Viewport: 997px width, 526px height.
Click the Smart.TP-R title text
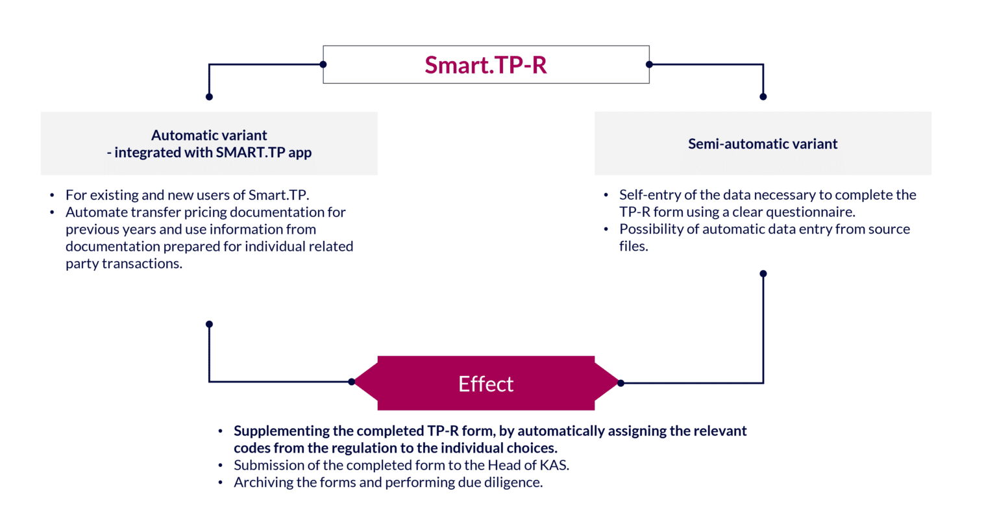pyautogui.click(x=486, y=65)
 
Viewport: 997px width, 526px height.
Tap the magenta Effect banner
pyautogui.click(x=486, y=383)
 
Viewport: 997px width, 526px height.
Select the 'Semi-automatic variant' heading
pyautogui.click(x=763, y=144)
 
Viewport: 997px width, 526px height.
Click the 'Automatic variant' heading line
pyautogui.click(x=209, y=135)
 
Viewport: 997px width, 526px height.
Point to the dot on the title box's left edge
pyautogui.click(x=323, y=64)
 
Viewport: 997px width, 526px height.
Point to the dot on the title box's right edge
pyautogui.click(x=649, y=64)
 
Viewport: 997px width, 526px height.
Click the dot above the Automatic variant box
pyautogui.click(x=209, y=97)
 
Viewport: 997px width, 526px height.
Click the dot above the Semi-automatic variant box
pyautogui.click(x=763, y=97)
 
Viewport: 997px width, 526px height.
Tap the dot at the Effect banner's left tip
pyautogui.click(x=351, y=382)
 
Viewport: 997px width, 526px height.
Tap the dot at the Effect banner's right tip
pyautogui.click(x=621, y=383)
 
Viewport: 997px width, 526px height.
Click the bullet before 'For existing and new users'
pyautogui.click(x=52, y=195)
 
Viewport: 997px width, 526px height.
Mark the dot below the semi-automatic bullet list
pyautogui.click(x=763, y=273)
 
